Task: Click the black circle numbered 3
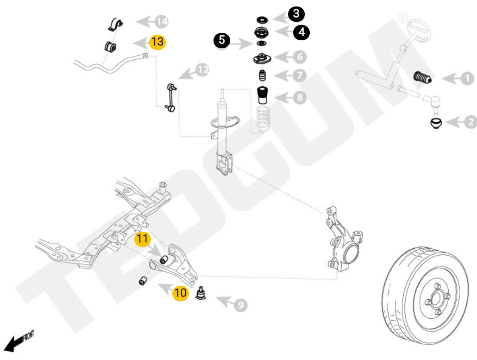296,14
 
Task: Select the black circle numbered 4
301,32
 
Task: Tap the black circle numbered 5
222,40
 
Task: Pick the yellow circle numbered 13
157,42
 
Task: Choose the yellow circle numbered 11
143,239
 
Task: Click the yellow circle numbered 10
181,293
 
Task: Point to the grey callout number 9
239,305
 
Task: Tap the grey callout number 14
161,21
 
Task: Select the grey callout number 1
467,79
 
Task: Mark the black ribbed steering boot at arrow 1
421,78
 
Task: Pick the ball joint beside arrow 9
201,294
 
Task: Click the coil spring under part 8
264,119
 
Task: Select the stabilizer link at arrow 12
169,97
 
